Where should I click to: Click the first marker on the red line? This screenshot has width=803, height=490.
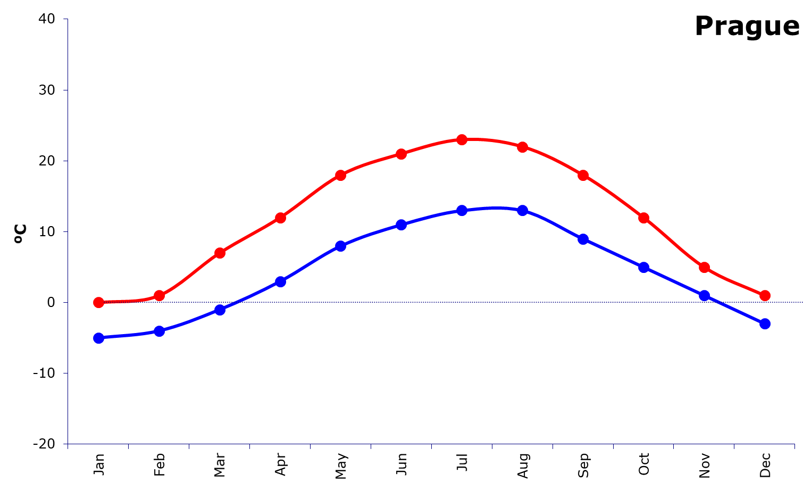pyautogui.click(x=98, y=303)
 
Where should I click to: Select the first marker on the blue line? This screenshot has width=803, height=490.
pyautogui.click(x=98, y=338)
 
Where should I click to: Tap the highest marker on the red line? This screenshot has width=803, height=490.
pyautogui.click(x=462, y=139)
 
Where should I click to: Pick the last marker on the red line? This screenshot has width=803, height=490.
pyautogui.click(x=765, y=295)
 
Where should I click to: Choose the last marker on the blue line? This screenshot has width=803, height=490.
pyautogui.click(x=765, y=323)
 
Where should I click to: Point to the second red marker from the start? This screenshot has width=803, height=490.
pyautogui.click(x=159, y=295)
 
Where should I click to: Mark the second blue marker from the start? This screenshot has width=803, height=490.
pyautogui.click(x=159, y=331)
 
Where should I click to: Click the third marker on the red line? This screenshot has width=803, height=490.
pyautogui.click(x=220, y=253)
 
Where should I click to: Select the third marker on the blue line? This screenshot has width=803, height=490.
pyautogui.click(x=220, y=310)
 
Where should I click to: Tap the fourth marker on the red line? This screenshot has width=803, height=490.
pyautogui.click(x=280, y=218)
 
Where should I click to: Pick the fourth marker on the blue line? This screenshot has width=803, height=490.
pyautogui.click(x=280, y=281)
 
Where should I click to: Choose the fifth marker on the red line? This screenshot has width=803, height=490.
pyautogui.click(x=341, y=175)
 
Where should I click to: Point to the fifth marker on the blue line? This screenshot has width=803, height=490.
pyautogui.click(x=341, y=246)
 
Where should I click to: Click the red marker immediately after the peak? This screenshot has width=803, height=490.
pyautogui.click(x=523, y=147)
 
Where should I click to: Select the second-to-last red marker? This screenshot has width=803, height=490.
pyautogui.click(x=704, y=267)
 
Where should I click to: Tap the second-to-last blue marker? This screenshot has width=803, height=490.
pyautogui.click(x=704, y=295)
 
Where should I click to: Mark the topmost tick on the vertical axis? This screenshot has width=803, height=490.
pyautogui.click(x=65, y=19)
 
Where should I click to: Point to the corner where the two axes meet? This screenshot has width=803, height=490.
pyautogui.click(x=68, y=444)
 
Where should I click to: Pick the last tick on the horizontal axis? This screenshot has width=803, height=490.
pyautogui.click(x=794, y=446)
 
